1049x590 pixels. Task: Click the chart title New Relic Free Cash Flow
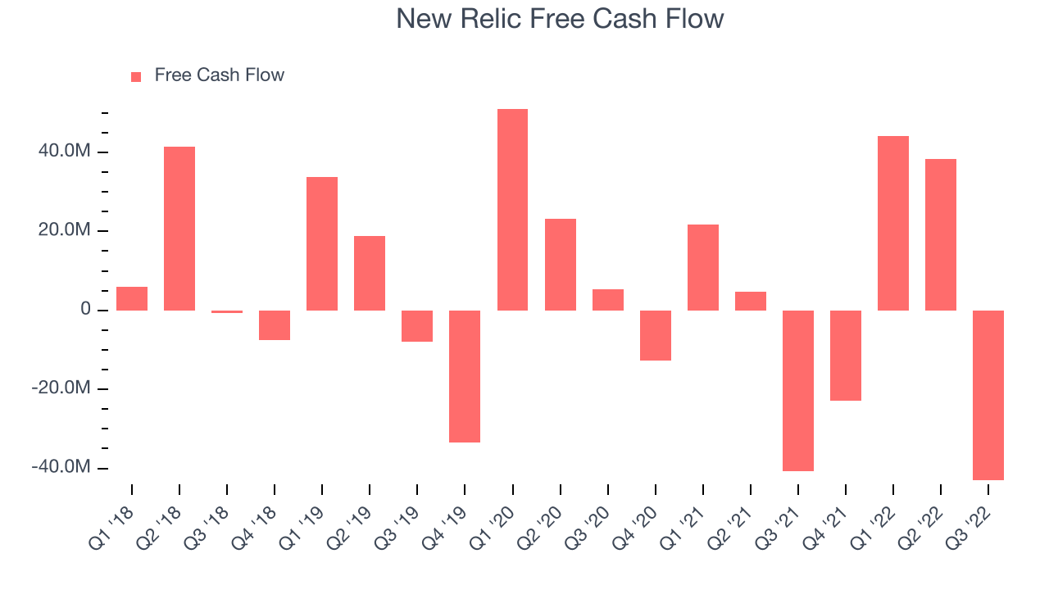pos(560,19)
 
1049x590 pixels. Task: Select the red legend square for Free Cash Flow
pos(136,77)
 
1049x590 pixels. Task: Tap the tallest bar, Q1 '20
pos(512,210)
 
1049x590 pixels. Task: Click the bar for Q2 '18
pos(179,229)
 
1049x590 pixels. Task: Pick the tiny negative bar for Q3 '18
pos(227,311)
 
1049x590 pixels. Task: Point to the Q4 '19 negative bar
pos(465,376)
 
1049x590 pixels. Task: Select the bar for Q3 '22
pos(988,395)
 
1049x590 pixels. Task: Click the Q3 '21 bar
pos(798,391)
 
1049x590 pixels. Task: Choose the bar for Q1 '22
pos(893,224)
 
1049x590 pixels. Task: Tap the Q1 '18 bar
pos(132,299)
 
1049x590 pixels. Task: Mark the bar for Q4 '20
pos(655,335)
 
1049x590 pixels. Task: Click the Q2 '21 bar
pos(750,301)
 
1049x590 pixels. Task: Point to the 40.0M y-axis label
pos(65,151)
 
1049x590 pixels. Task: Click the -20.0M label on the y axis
pos(61,388)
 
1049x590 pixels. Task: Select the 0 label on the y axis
pos(85,309)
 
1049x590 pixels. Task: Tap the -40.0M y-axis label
pos(61,467)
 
